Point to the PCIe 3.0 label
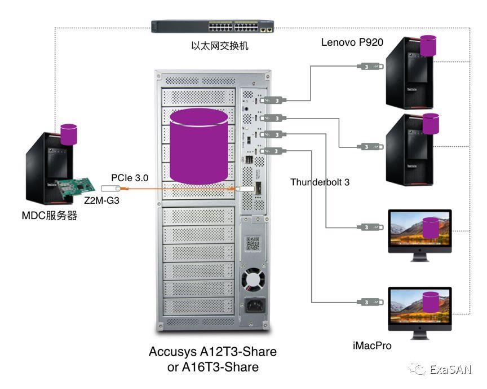130,177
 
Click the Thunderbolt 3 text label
320,182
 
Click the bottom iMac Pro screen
420,307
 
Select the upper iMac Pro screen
420,230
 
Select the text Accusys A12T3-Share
212,352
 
